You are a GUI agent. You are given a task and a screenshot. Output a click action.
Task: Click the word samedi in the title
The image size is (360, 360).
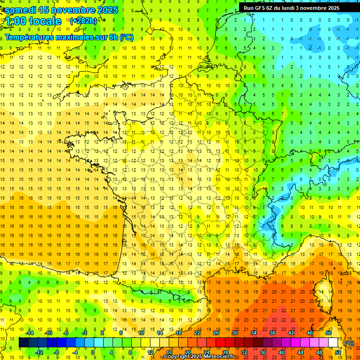[x=22, y=10]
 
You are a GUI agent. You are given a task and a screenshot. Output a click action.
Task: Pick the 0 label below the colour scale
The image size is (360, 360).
[x=93, y=352]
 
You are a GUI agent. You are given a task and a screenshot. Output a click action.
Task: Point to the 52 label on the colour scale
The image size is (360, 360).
[x=337, y=352]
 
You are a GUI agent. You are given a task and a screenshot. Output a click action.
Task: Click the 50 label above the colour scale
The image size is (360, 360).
[x=329, y=333]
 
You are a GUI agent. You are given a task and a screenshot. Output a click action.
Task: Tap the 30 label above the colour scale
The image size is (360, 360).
[x=235, y=333]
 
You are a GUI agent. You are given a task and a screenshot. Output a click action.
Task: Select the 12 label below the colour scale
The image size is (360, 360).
[x=150, y=352]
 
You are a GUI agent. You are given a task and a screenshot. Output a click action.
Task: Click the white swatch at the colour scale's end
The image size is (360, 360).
[x=333, y=343]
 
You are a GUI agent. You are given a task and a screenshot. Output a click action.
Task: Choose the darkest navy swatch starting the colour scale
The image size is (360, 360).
[x=23, y=343]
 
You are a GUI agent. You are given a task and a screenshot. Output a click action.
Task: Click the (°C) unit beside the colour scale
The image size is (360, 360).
[x=349, y=343]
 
